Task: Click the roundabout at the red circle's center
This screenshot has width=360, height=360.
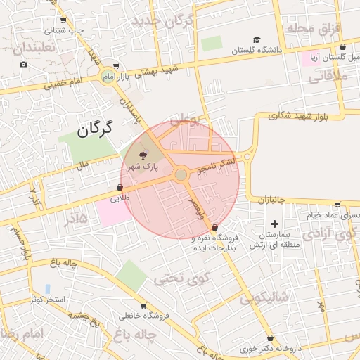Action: (x=181, y=174)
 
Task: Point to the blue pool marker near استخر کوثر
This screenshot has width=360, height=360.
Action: (x=47, y=288)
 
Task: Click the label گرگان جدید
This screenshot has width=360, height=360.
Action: (x=162, y=20)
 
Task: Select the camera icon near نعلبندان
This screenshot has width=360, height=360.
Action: (x=23, y=64)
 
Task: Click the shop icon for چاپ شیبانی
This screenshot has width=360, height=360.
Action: (x=64, y=20)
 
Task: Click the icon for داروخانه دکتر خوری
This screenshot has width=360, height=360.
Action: (x=271, y=338)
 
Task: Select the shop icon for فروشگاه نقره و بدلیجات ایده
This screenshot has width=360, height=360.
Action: (x=214, y=226)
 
